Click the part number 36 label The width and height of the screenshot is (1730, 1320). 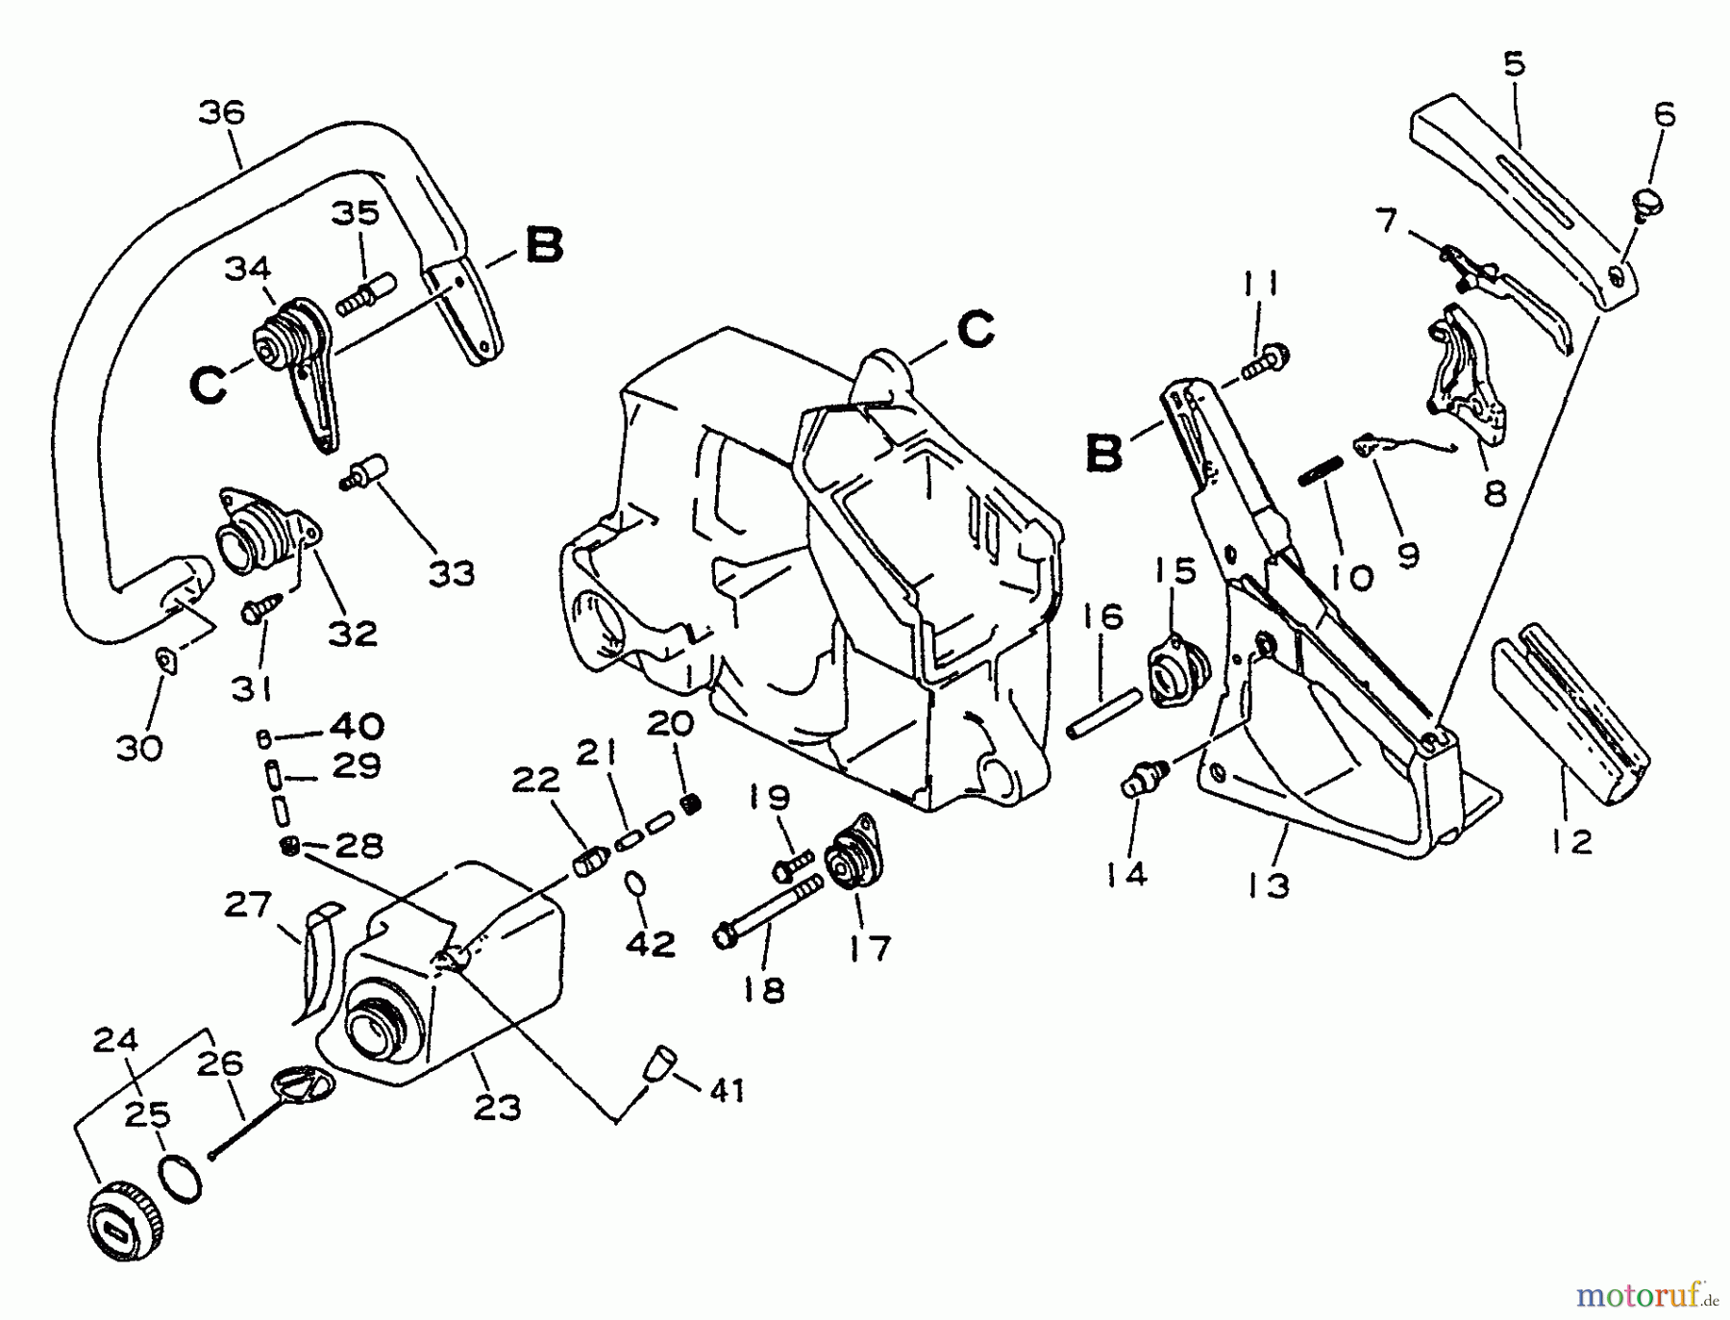[x=222, y=112]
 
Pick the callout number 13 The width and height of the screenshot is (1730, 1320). [x=1270, y=884]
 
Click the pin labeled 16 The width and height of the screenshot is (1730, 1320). [x=1103, y=711]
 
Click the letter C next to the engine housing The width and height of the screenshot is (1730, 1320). [x=977, y=330]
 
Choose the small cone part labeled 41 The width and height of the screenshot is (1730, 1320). [x=659, y=1064]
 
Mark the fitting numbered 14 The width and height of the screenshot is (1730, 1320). [x=1142, y=776]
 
